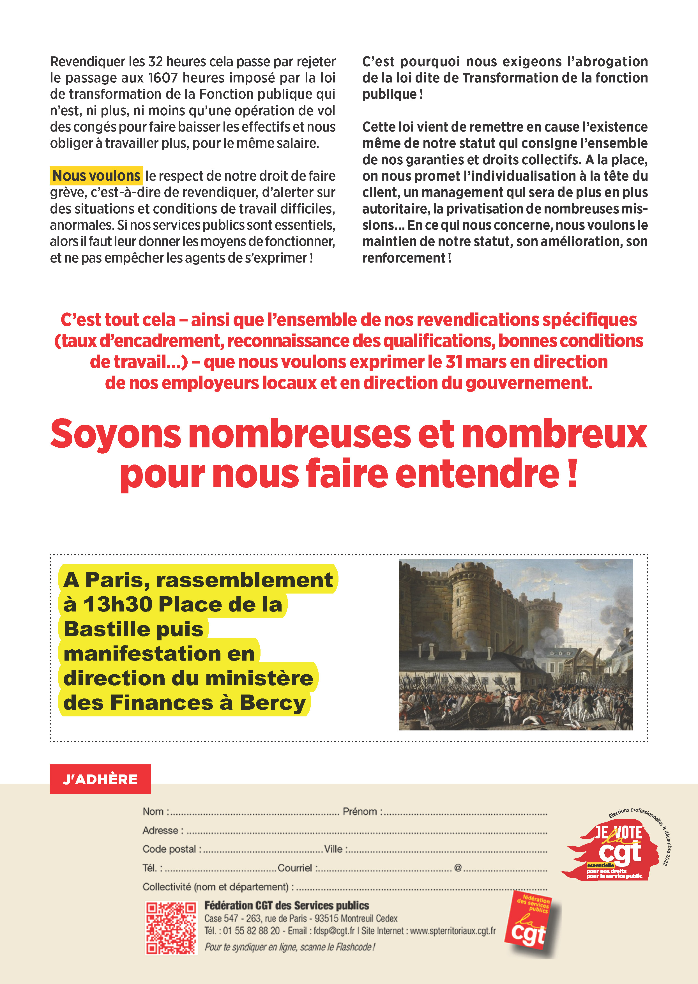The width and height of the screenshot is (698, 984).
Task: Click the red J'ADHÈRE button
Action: point(100,779)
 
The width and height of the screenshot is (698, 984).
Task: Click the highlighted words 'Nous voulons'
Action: point(96,175)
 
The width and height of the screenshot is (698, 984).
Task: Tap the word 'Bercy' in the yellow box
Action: point(273,703)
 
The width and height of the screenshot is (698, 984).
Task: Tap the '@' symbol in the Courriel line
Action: point(458,868)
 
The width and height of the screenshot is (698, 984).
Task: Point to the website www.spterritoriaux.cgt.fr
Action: point(453,931)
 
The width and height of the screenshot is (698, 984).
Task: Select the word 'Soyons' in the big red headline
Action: point(116,434)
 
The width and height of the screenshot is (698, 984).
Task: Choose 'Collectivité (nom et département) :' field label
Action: point(218,887)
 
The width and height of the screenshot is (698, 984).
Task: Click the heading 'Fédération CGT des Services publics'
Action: point(287,905)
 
